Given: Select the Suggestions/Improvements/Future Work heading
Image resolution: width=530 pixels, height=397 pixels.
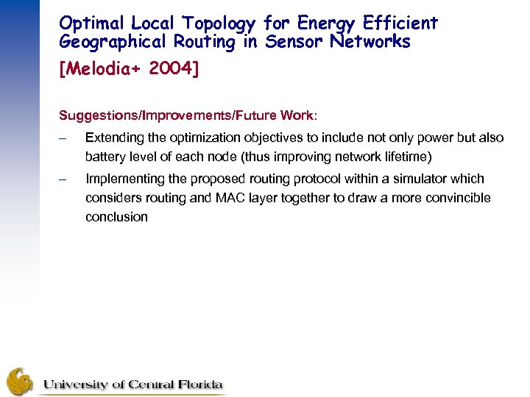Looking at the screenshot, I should click(x=188, y=116).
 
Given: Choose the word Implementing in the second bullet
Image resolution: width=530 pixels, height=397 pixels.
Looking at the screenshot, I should click(x=126, y=179).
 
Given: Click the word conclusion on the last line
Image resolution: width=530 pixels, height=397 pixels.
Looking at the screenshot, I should click(x=116, y=217).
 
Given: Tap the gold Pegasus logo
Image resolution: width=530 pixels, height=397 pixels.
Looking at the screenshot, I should click(x=20, y=381).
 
